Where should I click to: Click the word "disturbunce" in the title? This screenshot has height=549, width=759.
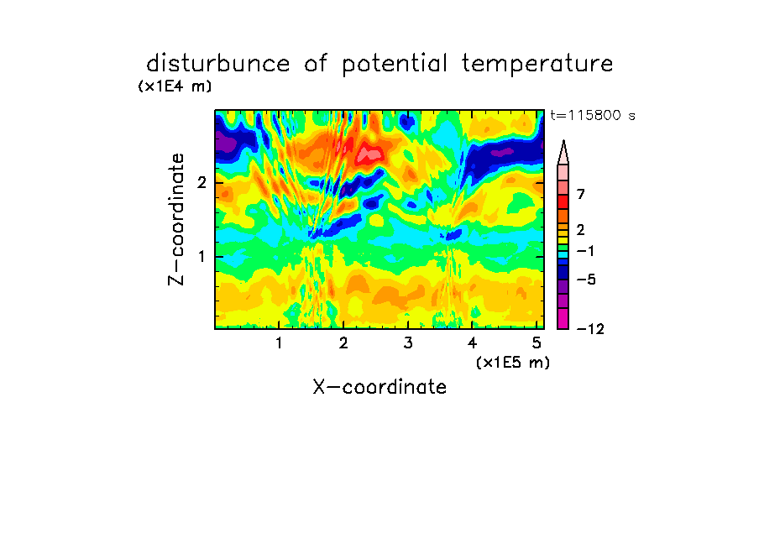coord(218,64)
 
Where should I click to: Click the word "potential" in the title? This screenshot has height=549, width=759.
coord(395,65)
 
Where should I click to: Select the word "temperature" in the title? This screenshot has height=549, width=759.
coord(537,65)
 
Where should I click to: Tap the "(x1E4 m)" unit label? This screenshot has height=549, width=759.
coord(175,86)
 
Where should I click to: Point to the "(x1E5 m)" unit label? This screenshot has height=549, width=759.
coord(513,362)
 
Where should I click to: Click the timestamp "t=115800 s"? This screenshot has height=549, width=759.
coord(593,115)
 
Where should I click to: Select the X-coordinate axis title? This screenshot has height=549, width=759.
coord(379,387)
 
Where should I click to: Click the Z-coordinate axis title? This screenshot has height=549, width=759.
coord(176,219)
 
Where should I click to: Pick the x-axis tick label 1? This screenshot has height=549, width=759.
coord(280,342)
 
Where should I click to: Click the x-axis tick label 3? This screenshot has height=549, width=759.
coord(408,342)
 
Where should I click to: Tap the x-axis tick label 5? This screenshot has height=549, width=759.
coord(537,342)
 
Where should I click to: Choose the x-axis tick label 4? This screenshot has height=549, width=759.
coord(473,342)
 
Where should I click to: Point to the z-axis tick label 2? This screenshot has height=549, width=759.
coord(202,183)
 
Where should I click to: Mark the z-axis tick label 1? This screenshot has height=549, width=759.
coord(202,257)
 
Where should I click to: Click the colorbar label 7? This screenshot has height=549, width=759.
coord(581,194)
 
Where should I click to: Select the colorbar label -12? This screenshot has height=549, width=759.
coord(590,329)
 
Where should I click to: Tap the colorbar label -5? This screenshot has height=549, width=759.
coord(586,280)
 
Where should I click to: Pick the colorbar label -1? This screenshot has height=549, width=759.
coord(585,251)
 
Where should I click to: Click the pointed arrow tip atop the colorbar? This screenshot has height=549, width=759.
coord(563,141)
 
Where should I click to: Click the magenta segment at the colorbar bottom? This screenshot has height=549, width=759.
coord(563,318)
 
